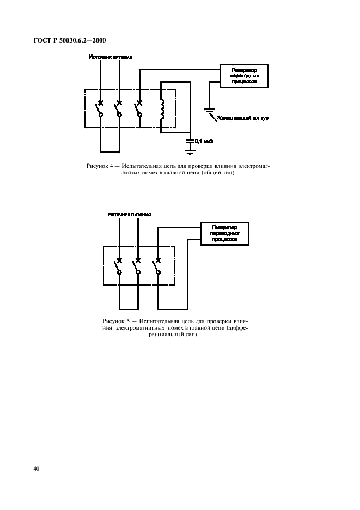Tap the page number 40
(x=36, y=469)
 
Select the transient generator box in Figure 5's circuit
(x=224, y=233)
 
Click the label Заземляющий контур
(x=243, y=118)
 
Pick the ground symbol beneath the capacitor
(x=190, y=152)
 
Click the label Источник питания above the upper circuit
(x=111, y=57)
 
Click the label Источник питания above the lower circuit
(x=129, y=215)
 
